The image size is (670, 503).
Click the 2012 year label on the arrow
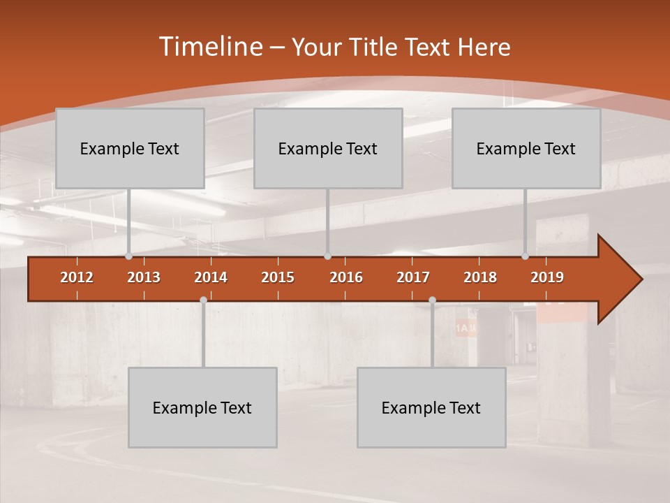(x=77, y=277)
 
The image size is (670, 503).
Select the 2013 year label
(x=144, y=277)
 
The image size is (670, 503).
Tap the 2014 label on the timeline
(x=211, y=277)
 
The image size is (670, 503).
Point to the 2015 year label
(x=278, y=277)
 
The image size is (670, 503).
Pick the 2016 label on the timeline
(x=346, y=277)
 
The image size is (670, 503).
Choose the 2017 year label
(x=413, y=277)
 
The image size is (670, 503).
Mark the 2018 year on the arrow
(x=480, y=277)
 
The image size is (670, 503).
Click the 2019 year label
(x=547, y=277)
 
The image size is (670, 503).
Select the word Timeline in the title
(x=209, y=47)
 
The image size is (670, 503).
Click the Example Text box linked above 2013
(x=130, y=148)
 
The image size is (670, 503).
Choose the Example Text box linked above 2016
(x=328, y=148)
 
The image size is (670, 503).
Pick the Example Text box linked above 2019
(x=526, y=148)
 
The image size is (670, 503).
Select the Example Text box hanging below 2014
(x=202, y=407)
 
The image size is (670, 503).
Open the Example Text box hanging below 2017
(x=431, y=407)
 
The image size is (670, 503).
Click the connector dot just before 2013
(x=129, y=256)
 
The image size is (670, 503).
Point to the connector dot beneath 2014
(x=203, y=300)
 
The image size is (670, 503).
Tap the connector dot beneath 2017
(x=432, y=300)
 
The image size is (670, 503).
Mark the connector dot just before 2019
(x=526, y=256)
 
